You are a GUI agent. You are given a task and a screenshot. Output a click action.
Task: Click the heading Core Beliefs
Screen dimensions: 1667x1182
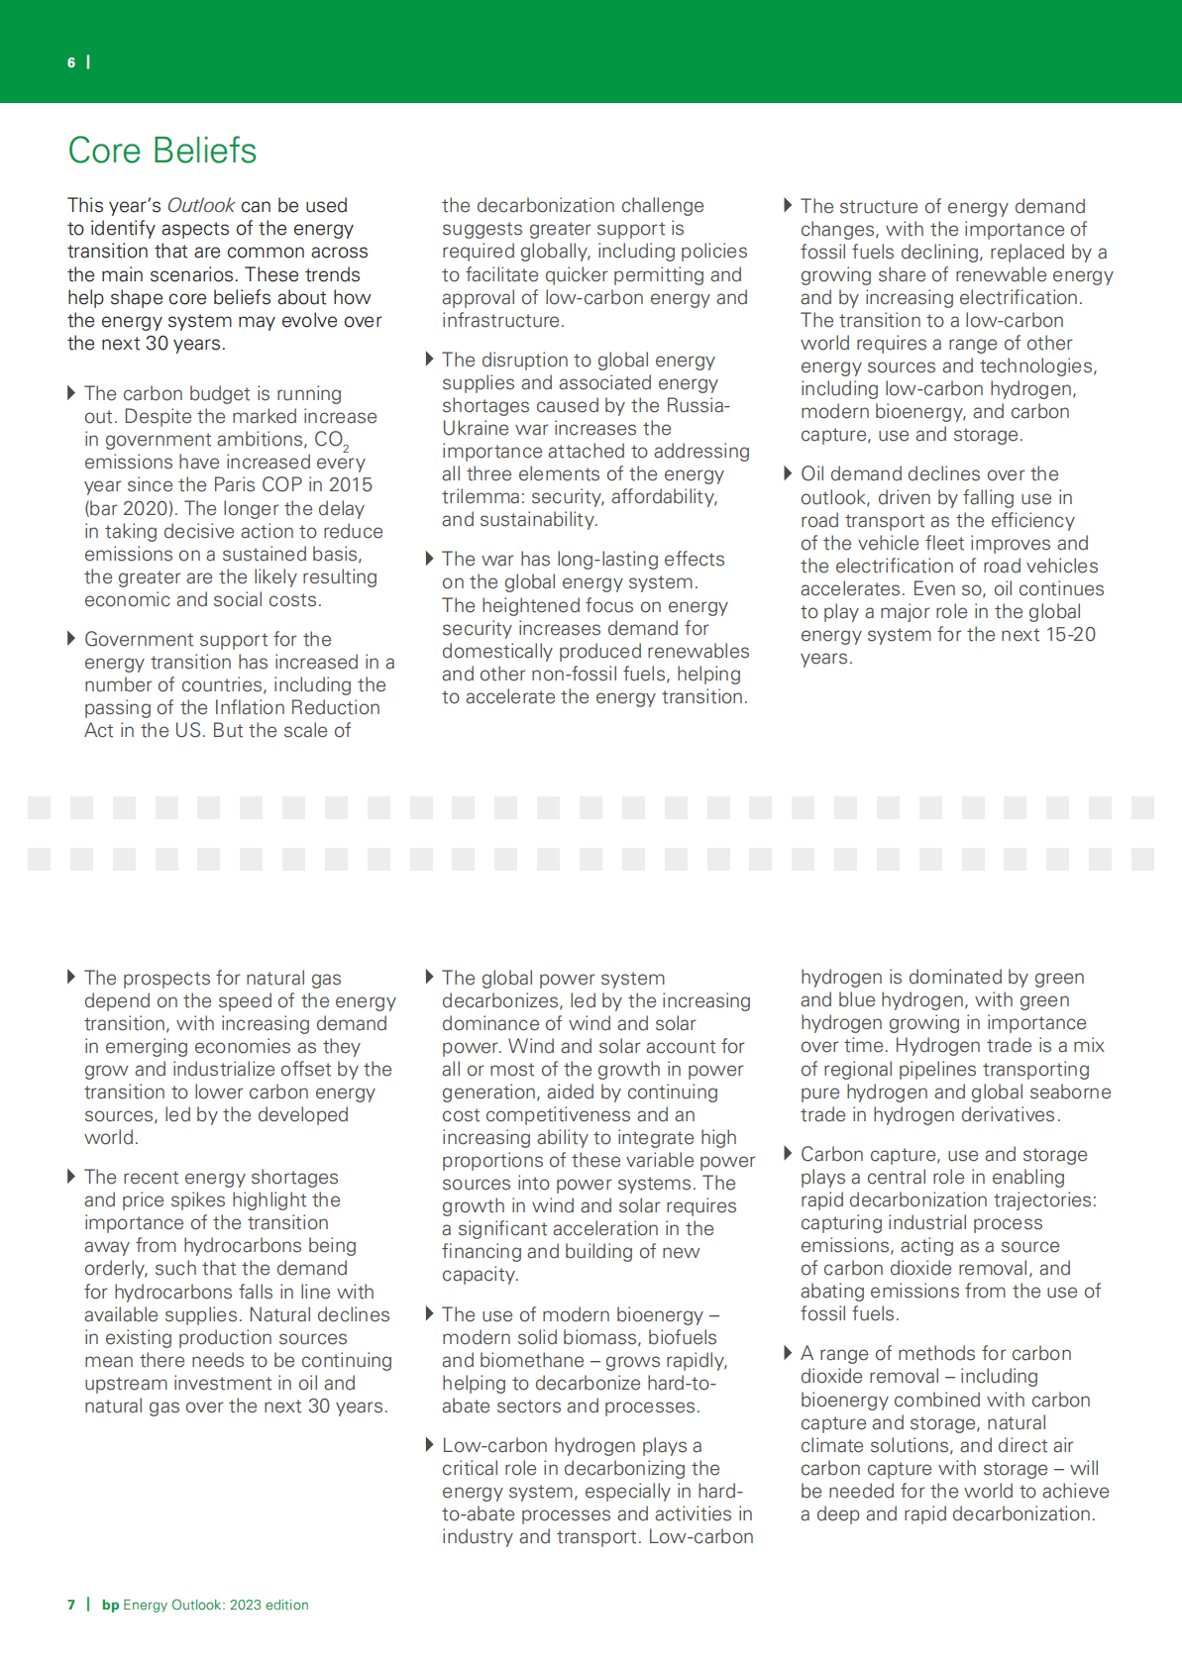[x=161, y=151]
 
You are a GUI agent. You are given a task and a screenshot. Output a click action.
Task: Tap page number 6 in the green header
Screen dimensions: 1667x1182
[x=71, y=62]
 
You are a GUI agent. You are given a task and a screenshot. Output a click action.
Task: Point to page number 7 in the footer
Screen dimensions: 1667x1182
[x=71, y=1605]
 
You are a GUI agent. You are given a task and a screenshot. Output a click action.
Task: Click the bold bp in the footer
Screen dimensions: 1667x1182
[x=110, y=1605]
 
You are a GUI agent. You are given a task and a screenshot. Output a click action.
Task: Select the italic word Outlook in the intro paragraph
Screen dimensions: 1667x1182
[x=201, y=205]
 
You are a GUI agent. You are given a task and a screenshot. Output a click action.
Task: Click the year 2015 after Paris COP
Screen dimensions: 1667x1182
[x=351, y=484]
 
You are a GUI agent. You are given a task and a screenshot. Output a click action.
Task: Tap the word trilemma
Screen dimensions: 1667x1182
[x=481, y=496]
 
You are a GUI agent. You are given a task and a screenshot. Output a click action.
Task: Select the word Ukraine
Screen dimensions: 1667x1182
[x=479, y=428]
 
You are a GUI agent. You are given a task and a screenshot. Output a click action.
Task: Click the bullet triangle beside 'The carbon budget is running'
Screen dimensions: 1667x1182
[x=71, y=393]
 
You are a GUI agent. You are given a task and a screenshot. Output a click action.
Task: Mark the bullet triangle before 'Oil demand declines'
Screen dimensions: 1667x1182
[x=788, y=473]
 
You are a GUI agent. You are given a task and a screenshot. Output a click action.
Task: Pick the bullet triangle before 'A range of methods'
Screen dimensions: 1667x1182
[x=788, y=1353]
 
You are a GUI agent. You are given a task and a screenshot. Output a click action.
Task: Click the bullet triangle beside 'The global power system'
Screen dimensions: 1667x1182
[x=430, y=978]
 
